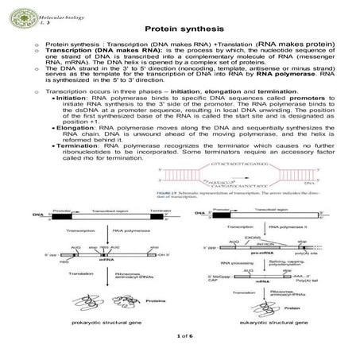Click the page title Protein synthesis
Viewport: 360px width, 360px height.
click(x=180, y=29)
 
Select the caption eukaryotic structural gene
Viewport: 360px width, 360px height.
click(x=268, y=323)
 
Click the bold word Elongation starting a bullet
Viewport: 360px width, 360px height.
click(x=79, y=125)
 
